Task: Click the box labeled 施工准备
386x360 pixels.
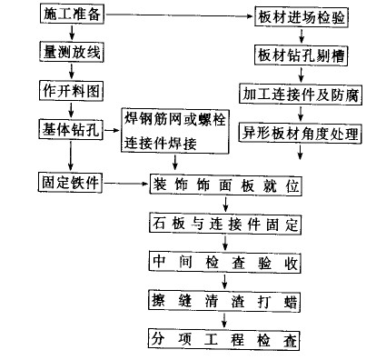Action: coord(70,15)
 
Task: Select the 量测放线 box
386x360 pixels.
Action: coord(70,53)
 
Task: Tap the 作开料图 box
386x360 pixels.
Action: coord(70,90)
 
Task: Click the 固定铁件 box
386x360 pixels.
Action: coord(70,183)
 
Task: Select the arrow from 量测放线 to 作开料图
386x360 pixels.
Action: coord(70,71)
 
